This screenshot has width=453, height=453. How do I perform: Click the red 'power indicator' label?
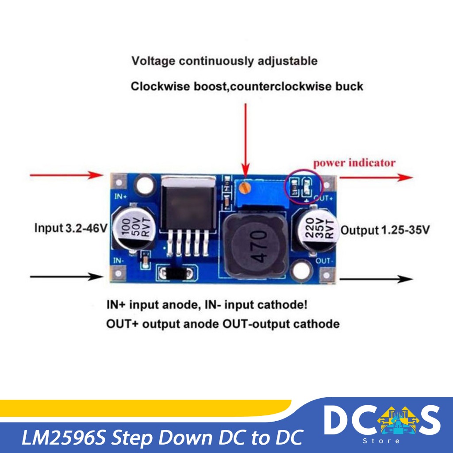pyautogui.click(x=354, y=163)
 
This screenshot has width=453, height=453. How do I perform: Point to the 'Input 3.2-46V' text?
pyautogui.click(x=71, y=229)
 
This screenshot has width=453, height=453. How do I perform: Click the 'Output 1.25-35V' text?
pyautogui.click(x=385, y=230)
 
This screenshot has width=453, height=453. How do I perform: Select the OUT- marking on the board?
pyautogui.click(x=325, y=261)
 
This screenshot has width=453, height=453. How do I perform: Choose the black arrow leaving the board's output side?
pyautogui.click(x=376, y=279)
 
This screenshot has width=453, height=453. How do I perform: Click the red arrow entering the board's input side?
pyautogui.click(x=66, y=176)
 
